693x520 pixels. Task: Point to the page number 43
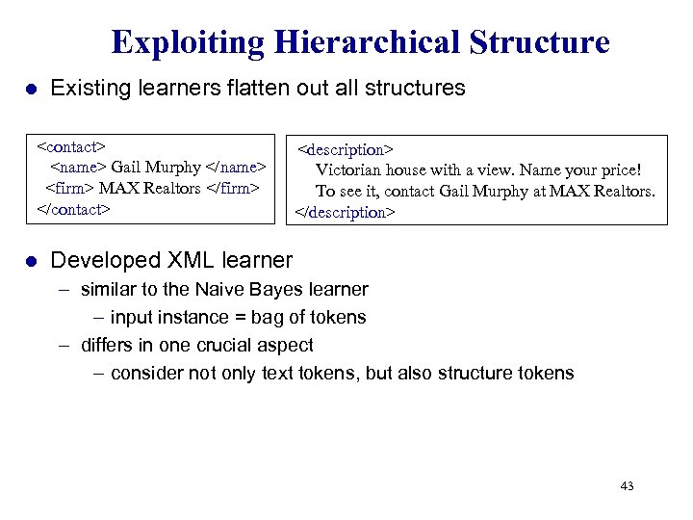pos(627,486)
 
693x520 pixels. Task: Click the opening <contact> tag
pos(69,147)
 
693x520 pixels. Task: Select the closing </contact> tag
pos(73,208)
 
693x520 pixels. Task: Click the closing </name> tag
pos(235,168)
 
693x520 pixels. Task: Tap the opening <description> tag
pos(345,150)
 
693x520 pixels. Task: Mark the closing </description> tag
pos(344,212)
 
